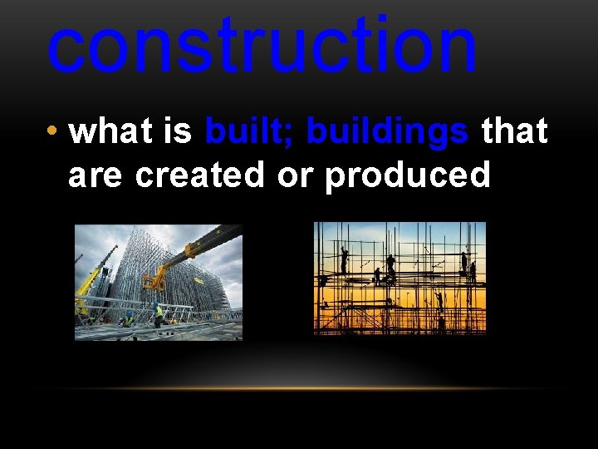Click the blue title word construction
[x=262, y=46]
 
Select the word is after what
[x=177, y=131]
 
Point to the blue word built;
[x=251, y=131]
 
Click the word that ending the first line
[x=514, y=131]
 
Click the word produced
[x=407, y=176]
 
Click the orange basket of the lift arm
[x=154, y=280]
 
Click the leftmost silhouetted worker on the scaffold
[x=344, y=260]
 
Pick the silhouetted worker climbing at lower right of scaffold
[x=439, y=299]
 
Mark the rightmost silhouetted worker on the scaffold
[x=473, y=270]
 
